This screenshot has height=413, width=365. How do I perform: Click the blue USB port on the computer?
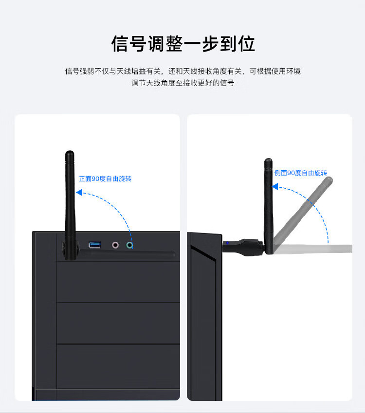[x=95, y=245]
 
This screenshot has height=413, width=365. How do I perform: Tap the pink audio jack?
[x=116, y=245]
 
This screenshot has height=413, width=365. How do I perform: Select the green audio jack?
[x=129, y=245]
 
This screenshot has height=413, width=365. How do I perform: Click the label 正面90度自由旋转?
[x=105, y=179]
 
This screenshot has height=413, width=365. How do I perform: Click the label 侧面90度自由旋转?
[x=300, y=173]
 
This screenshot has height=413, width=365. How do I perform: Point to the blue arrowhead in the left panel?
[x=79, y=193]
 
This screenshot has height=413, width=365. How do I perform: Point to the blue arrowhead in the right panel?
[x=275, y=186]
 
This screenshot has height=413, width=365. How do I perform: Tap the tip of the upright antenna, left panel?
[x=70, y=154]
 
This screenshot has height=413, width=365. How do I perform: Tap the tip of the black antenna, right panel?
[x=268, y=161]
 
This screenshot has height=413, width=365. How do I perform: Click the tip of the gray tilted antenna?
[x=329, y=180]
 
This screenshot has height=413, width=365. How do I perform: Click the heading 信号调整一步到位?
[x=183, y=43]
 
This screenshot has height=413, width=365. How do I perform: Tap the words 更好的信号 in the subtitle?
[x=218, y=83]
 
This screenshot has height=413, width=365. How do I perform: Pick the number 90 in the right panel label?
[x=291, y=173]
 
